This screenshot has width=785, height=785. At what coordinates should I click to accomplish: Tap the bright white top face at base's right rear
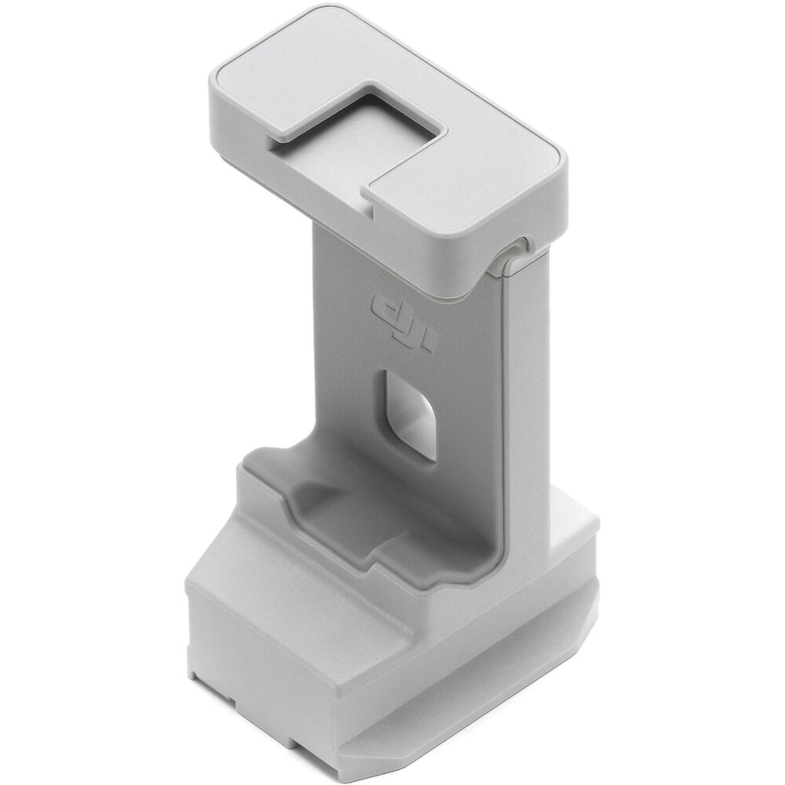tap(574, 520)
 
